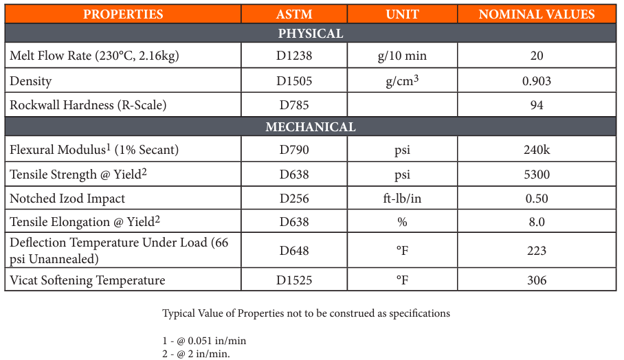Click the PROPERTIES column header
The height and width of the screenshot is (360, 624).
tap(123, 14)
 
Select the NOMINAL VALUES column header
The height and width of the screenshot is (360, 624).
tap(537, 14)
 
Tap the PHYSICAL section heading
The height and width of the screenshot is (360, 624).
tap(311, 34)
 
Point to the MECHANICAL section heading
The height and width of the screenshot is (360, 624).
tap(311, 127)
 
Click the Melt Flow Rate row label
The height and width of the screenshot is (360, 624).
tap(94, 56)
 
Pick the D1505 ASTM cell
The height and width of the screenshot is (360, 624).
tap(294, 81)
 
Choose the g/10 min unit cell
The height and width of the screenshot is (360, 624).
tap(403, 56)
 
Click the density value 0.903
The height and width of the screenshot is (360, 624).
tap(537, 81)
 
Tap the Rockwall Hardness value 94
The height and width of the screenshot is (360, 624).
tap(537, 105)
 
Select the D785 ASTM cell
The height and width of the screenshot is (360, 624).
tap(294, 105)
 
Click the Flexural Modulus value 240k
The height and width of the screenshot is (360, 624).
tap(537, 150)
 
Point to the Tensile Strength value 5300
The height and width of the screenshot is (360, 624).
tap(537, 175)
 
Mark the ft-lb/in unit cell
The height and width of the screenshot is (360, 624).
tap(403, 199)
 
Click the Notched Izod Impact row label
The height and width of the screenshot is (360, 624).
tap(67, 199)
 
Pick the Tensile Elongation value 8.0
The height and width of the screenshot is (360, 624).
tap(537, 222)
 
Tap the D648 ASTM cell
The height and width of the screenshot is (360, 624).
tap(294, 250)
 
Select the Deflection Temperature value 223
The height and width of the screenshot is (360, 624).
tap(537, 250)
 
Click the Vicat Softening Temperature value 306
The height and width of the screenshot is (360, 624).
tap(537, 280)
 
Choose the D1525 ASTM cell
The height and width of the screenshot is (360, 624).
tap(294, 280)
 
